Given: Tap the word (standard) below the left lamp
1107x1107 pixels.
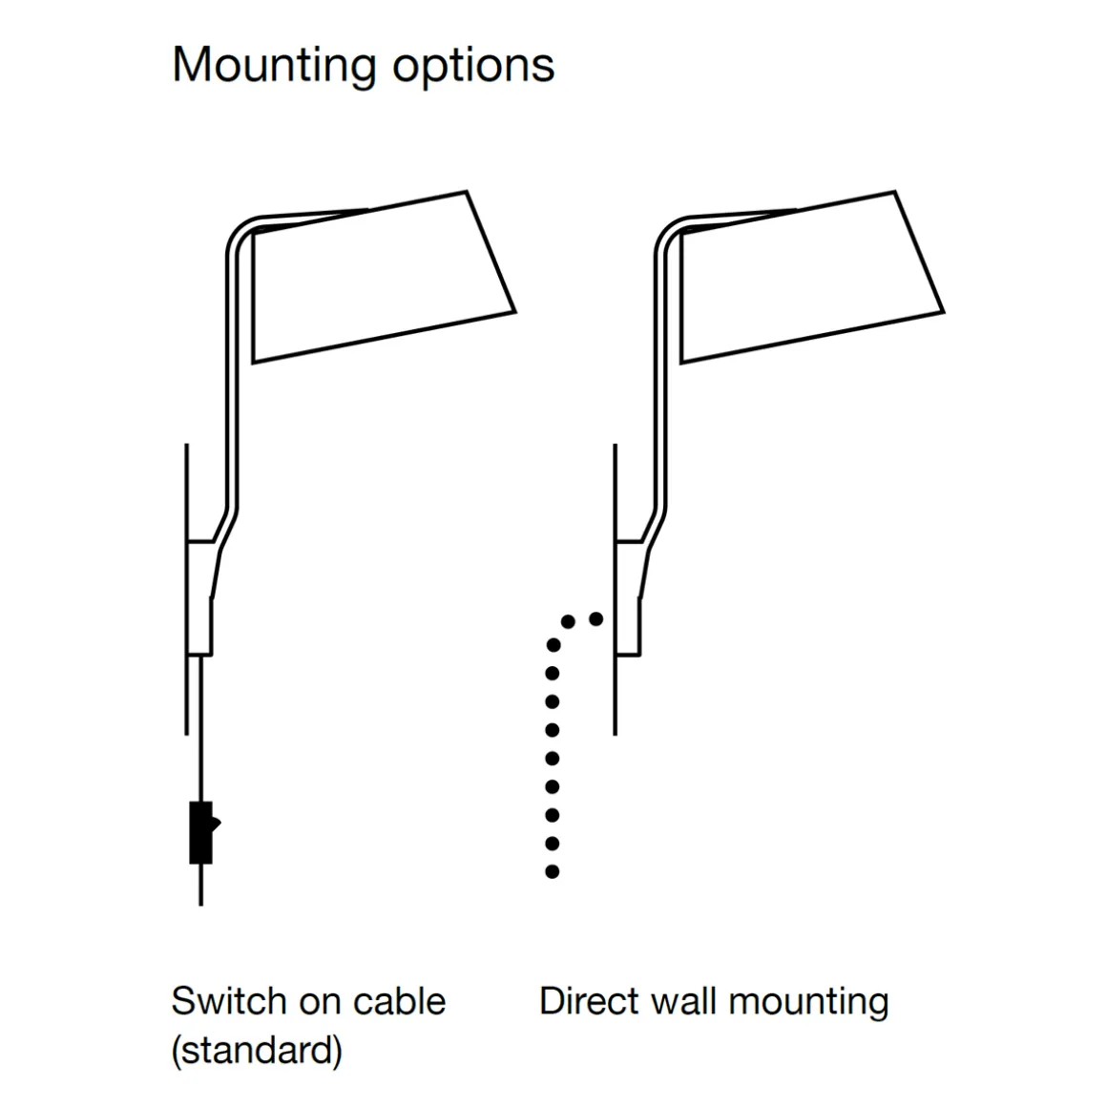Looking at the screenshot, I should tap(256, 1051).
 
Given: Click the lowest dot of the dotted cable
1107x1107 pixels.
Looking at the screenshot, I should tap(552, 871).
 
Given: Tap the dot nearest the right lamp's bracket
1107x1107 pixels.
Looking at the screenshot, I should tap(596, 618).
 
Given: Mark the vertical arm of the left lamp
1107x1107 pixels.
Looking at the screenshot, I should tap(233, 382).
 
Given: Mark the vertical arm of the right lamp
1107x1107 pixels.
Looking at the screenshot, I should tap(661, 382).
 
